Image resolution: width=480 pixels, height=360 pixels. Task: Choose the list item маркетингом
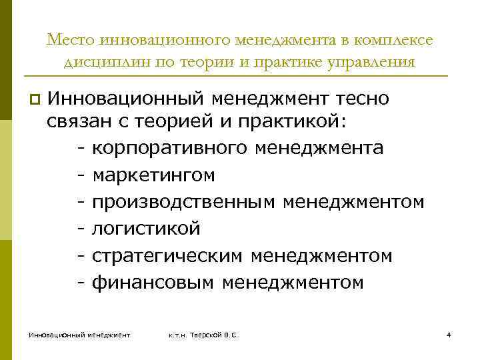point(153,175)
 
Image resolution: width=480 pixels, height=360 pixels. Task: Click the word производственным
point(183,201)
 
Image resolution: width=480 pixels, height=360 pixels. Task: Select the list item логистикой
point(146,229)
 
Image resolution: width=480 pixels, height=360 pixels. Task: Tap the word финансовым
point(153,283)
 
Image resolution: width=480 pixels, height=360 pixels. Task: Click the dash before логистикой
point(81,229)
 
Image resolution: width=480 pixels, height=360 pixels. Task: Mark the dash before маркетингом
point(81,175)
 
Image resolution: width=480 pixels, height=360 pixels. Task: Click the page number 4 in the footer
point(449,334)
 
